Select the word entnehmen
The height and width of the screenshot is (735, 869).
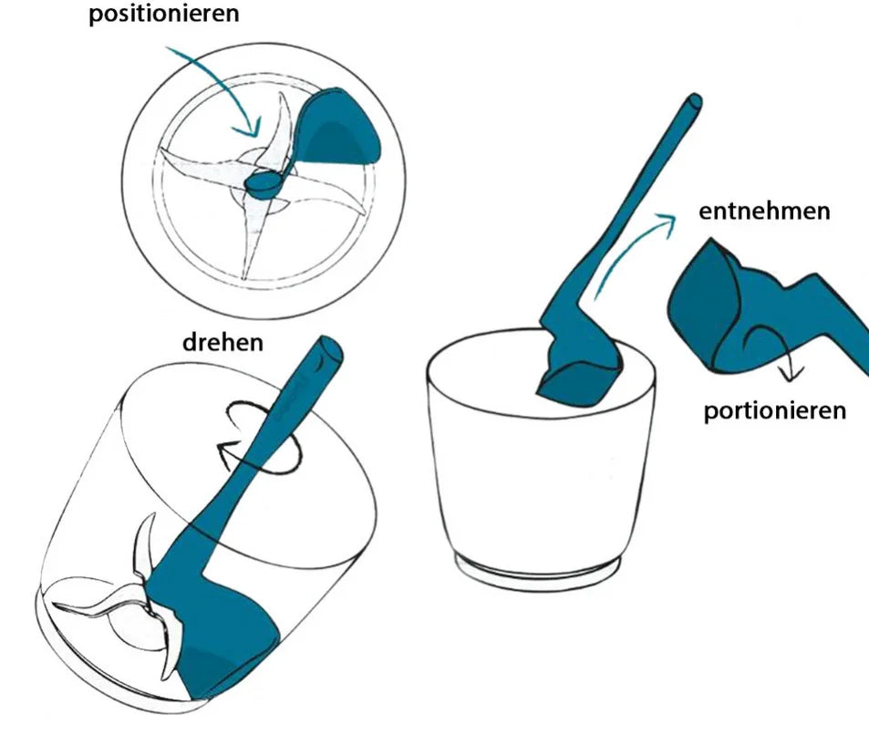click(x=764, y=212)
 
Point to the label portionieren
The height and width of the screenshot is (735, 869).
click(x=774, y=409)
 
